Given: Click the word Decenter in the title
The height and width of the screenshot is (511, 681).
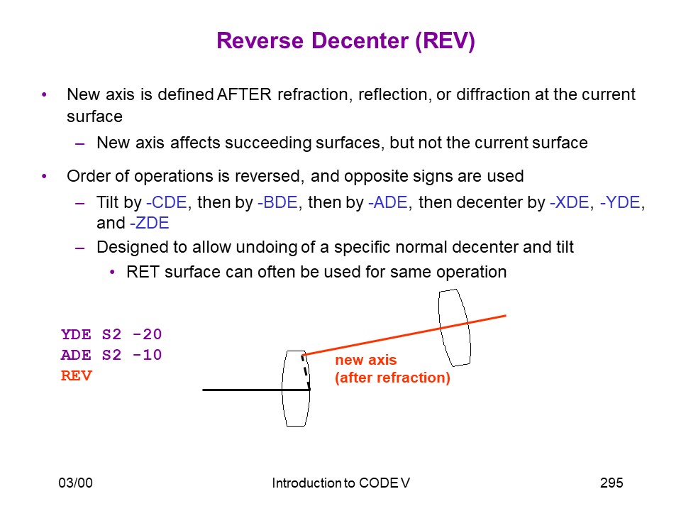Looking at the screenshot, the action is click(360, 41).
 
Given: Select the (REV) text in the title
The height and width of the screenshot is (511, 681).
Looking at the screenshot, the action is click(445, 41).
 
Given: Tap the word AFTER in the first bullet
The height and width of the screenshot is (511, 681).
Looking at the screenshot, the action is click(244, 94).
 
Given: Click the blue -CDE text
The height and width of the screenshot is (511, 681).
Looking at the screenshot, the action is click(167, 202).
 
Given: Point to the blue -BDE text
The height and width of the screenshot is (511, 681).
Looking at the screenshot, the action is click(277, 202).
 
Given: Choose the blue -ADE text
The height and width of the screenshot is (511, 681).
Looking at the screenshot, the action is click(388, 202).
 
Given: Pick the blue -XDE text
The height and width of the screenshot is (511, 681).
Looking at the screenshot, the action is click(570, 202).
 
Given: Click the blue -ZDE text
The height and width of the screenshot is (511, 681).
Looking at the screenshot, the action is click(150, 223).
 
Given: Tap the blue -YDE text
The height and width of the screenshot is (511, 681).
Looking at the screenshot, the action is click(620, 202).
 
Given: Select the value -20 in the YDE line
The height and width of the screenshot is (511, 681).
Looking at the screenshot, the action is click(148, 334).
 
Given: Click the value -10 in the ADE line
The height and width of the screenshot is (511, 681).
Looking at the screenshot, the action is click(148, 355).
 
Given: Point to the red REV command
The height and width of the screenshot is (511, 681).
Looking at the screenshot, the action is click(77, 375).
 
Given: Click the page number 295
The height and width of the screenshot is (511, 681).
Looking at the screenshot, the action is click(611, 483).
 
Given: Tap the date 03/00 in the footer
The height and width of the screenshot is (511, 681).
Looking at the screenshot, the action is click(76, 483).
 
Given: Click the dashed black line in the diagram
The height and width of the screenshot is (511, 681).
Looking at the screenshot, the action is click(306, 373).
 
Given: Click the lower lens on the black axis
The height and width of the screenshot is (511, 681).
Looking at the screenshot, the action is click(282, 388).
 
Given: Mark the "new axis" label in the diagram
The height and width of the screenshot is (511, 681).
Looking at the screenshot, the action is click(366, 361).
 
